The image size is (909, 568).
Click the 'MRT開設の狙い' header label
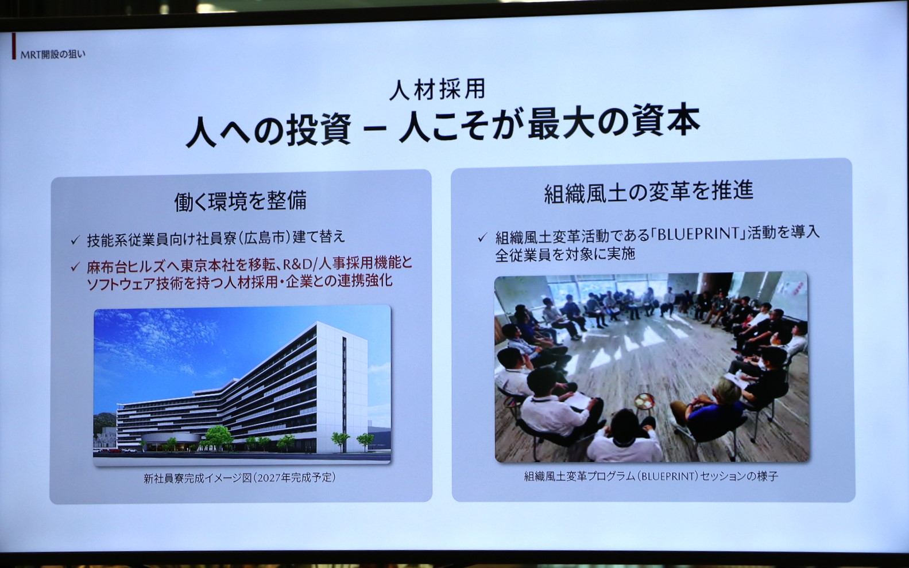(x=53, y=55)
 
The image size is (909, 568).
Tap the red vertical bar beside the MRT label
(x=14, y=47)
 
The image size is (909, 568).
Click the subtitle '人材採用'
(x=438, y=90)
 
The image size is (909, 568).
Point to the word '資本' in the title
(x=666, y=121)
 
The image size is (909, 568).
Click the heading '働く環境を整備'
(x=240, y=201)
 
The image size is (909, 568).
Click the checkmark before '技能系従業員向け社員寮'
(x=75, y=240)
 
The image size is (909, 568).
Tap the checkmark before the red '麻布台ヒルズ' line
(x=75, y=267)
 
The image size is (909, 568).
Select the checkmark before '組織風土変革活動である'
(x=482, y=236)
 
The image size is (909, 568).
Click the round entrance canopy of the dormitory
(x=171, y=439)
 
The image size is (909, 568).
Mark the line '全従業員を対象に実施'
(x=565, y=254)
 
